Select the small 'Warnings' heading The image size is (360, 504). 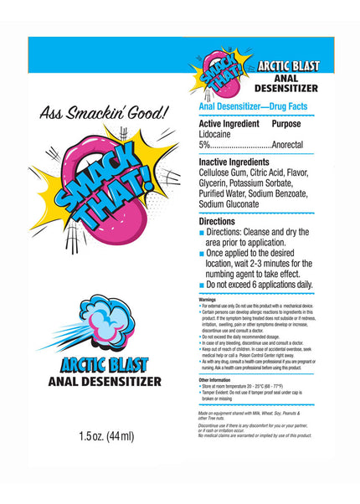(x=207, y=299)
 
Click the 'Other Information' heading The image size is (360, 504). (x=215, y=379)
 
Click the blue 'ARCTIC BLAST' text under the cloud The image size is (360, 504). (x=105, y=364)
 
